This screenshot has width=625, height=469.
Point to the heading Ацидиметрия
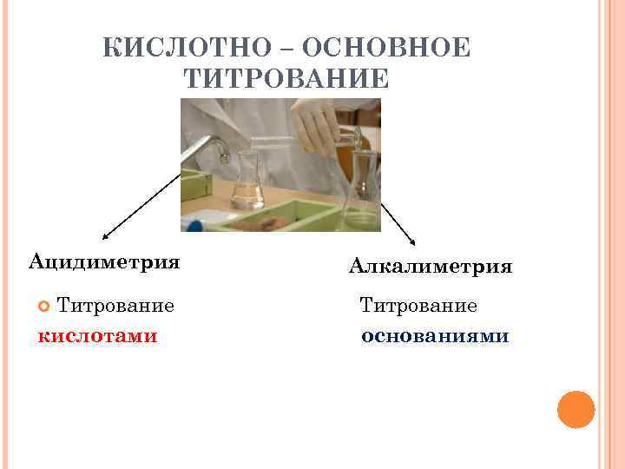click(x=104, y=261)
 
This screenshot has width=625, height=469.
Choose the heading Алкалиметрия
click(x=431, y=267)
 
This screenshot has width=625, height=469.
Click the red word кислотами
click(x=97, y=335)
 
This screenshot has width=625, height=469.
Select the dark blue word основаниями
click(x=435, y=335)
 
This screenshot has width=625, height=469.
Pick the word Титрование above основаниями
click(x=418, y=306)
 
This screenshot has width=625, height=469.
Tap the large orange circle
click(x=576, y=409)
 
